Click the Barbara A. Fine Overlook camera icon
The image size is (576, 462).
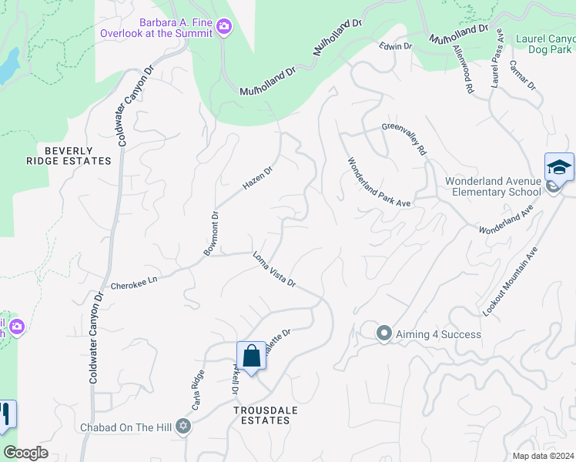[224, 28]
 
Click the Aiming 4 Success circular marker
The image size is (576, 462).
[383, 333]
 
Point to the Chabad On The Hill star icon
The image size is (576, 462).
[183, 426]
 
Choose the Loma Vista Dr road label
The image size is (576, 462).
[274, 269]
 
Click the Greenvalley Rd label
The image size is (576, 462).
[404, 139]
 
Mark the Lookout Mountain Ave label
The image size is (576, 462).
[509, 281]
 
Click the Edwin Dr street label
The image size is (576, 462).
[396, 47]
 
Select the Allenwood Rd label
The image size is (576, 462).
[463, 68]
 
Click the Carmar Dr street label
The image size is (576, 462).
[522, 75]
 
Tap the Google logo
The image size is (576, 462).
[25, 453]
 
